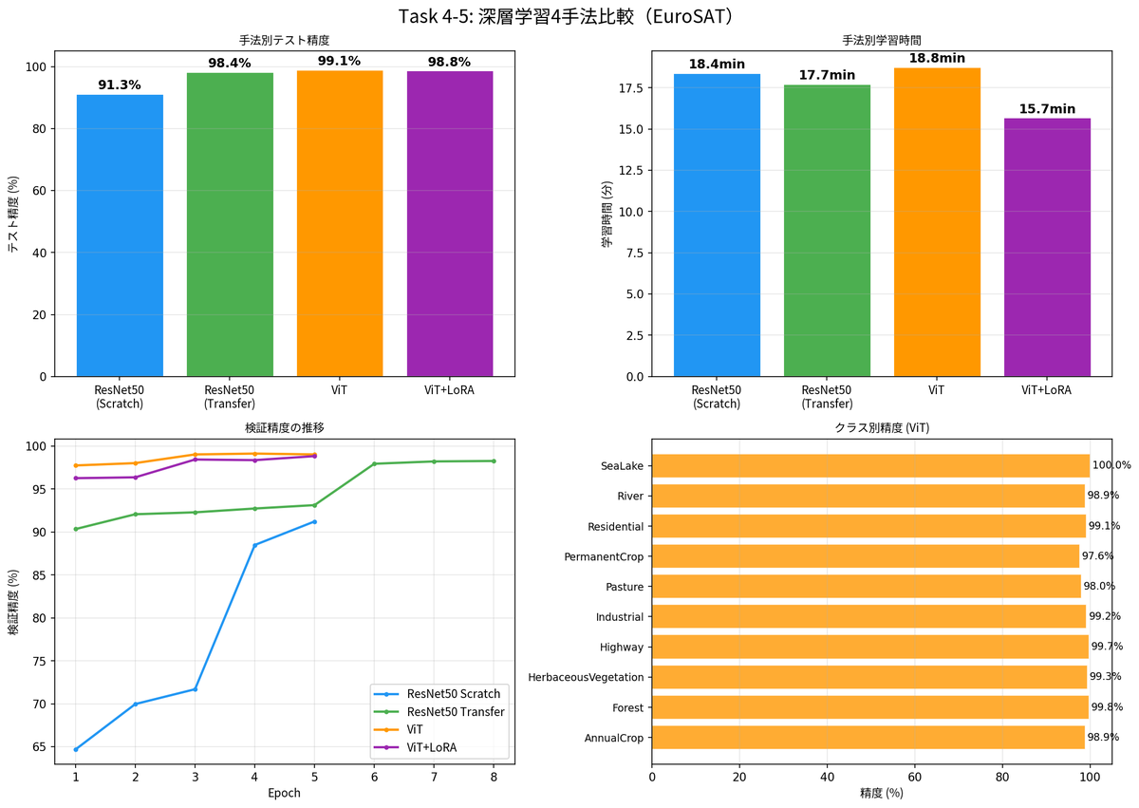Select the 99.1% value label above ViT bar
[340, 61]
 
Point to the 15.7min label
[1047, 109]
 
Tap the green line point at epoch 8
[494, 461]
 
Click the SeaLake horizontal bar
[870, 465]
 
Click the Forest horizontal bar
[869, 707]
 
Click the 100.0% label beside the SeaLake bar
[1111, 465]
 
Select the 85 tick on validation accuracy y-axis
[39, 574]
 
